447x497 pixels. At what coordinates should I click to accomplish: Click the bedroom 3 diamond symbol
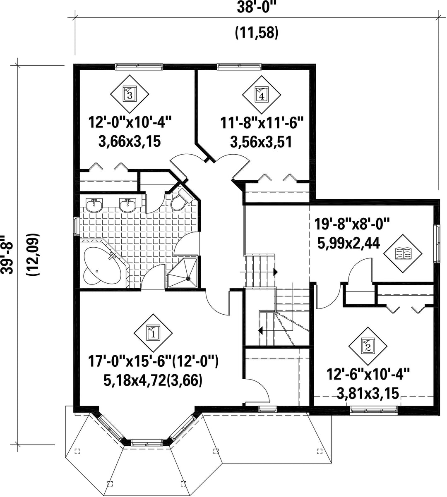point(130,94)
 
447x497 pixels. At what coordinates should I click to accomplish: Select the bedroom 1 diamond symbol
point(153,333)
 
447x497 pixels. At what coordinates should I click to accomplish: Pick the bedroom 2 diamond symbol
point(368,346)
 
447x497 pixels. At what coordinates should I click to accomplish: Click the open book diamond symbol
point(403,253)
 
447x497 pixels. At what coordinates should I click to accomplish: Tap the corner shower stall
point(183,272)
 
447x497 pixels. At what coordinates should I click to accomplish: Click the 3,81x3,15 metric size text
point(368,394)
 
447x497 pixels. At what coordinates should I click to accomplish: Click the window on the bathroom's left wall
point(77,226)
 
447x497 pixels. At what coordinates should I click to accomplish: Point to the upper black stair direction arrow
point(276,272)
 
